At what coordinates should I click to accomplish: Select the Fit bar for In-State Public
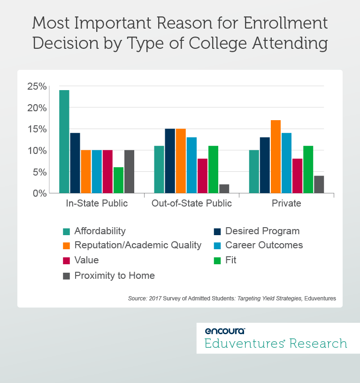pyautogui.click(x=118, y=180)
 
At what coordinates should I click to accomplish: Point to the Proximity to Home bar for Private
pyautogui.click(x=319, y=184)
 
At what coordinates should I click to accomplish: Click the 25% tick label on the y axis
pyautogui.click(x=37, y=86)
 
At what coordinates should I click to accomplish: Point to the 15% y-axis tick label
pyautogui.click(x=37, y=129)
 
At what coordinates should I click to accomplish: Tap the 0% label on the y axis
pyautogui.click(x=39, y=193)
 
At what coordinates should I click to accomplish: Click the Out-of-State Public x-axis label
pyautogui.click(x=191, y=204)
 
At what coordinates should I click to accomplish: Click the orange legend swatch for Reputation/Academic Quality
pyautogui.click(x=67, y=245)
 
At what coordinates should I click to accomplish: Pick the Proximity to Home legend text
pyautogui.click(x=115, y=276)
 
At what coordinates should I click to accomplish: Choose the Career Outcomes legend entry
pyautogui.click(x=264, y=245)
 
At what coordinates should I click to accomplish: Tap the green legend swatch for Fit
pyautogui.click(x=218, y=260)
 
